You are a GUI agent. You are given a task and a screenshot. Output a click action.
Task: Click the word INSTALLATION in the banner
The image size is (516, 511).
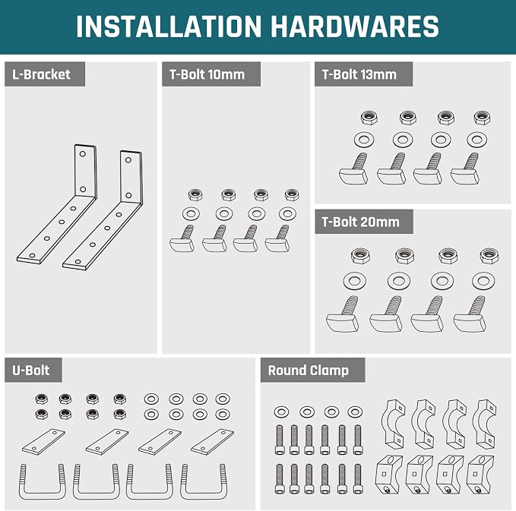(169, 27)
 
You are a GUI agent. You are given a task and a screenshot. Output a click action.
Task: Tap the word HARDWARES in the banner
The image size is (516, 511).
(355, 27)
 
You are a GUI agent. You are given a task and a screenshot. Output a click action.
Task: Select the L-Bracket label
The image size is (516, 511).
(41, 74)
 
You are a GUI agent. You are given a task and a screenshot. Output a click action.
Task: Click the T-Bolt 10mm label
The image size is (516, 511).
(207, 74)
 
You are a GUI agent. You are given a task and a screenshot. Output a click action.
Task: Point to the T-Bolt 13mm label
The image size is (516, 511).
(359, 74)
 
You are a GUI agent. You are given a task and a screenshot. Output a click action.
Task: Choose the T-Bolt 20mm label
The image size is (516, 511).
(360, 222)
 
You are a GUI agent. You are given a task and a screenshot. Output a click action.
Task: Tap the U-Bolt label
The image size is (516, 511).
(31, 371)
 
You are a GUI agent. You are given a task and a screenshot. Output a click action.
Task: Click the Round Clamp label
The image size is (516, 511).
(309, 371)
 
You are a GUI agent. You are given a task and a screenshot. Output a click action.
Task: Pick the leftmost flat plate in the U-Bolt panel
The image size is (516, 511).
(43, 442)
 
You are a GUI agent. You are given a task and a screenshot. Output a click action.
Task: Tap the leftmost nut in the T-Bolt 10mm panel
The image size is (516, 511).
(195, 195)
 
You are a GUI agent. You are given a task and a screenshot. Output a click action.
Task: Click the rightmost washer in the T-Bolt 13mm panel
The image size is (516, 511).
(476, 140)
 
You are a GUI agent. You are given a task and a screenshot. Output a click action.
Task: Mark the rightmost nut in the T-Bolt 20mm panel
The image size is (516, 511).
(489, 255)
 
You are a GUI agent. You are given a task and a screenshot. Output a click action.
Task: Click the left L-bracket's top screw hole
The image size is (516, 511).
(83, 153)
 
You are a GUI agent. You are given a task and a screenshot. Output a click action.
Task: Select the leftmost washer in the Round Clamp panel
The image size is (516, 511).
(281, 412)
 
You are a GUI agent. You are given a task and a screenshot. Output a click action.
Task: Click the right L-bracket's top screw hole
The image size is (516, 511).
(128, 160)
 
